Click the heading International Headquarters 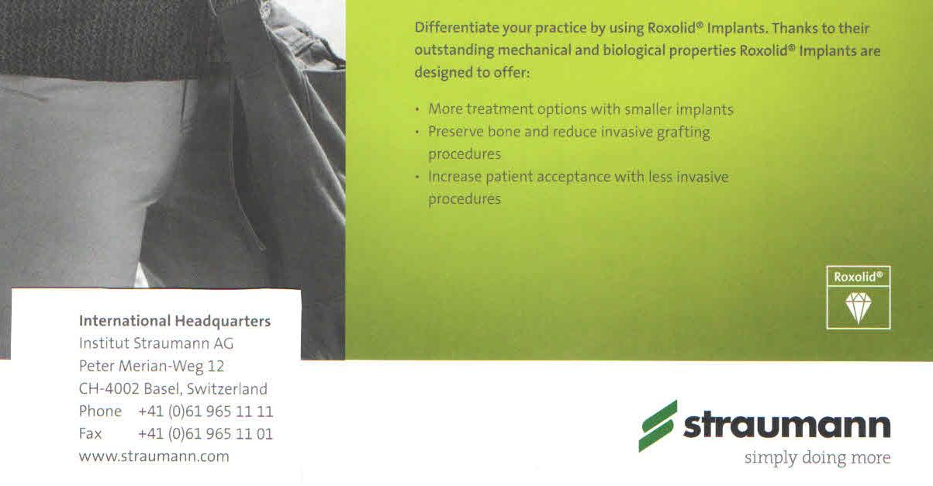pos(175,321)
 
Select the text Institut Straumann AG pos(156,343)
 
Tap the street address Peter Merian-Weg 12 pos(151,366)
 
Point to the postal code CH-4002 pos(109,388)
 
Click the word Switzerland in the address pos(227,388)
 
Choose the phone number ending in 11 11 pos(206,412)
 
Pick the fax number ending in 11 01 pos(206,434)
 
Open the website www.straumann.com pos(154,457)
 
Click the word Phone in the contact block pos(100,412)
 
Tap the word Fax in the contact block pos(91,434)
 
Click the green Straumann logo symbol pos(658,426)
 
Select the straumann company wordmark pos(786,426)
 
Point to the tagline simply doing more pos(817,457)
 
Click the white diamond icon pos(859,307)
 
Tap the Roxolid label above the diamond pos(859,277)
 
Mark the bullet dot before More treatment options pos(417,110)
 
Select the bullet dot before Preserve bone pos(417,133)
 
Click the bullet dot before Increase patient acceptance pos(417,178)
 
